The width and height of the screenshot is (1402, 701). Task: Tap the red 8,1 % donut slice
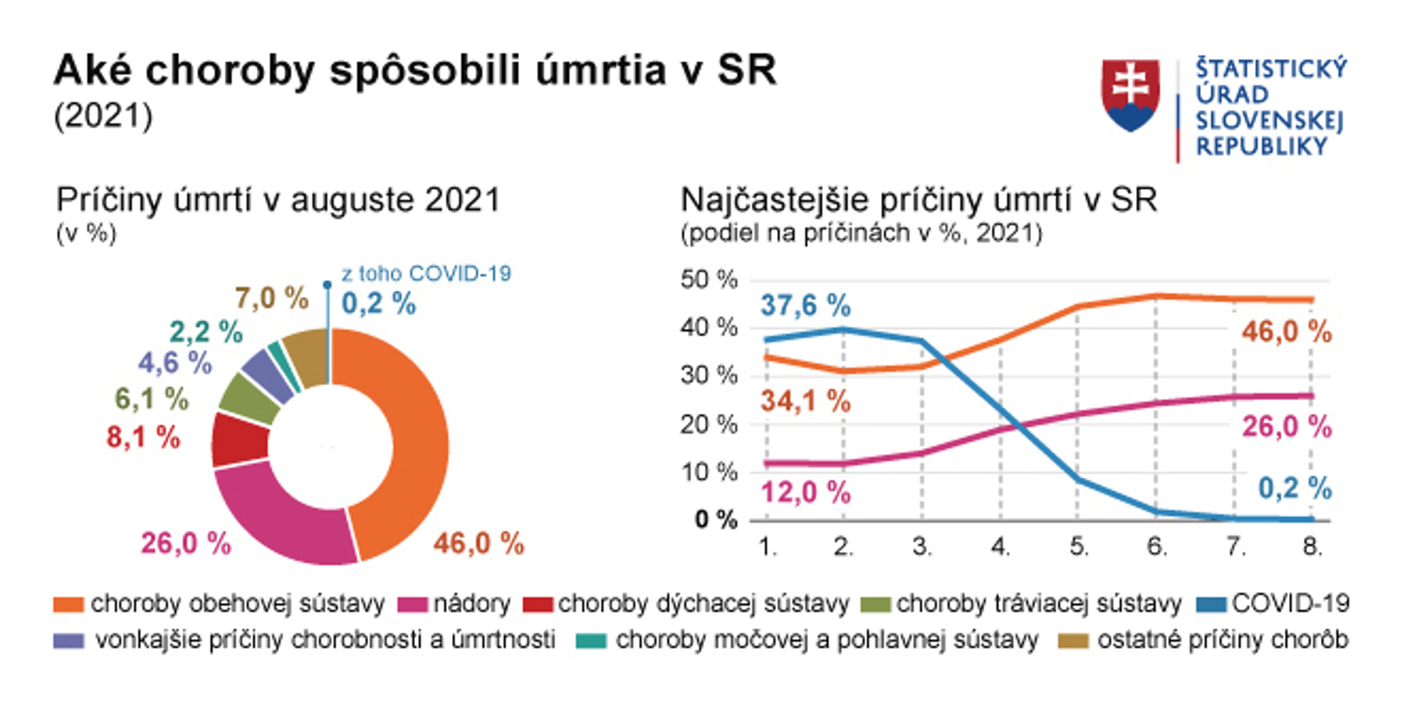click(240, 440)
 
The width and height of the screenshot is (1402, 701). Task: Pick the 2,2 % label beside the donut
click(206, 332)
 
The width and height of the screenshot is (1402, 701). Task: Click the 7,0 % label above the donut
click(272, 298)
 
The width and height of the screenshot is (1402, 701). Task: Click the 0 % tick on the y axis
click(715, 520)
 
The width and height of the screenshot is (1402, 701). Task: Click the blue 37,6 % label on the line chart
click(805, 305)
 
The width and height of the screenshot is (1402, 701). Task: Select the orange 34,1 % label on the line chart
click(805, 402)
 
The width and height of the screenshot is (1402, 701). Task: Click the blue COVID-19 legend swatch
click(1211, 605)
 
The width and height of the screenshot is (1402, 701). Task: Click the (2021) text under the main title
click(103, 115)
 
